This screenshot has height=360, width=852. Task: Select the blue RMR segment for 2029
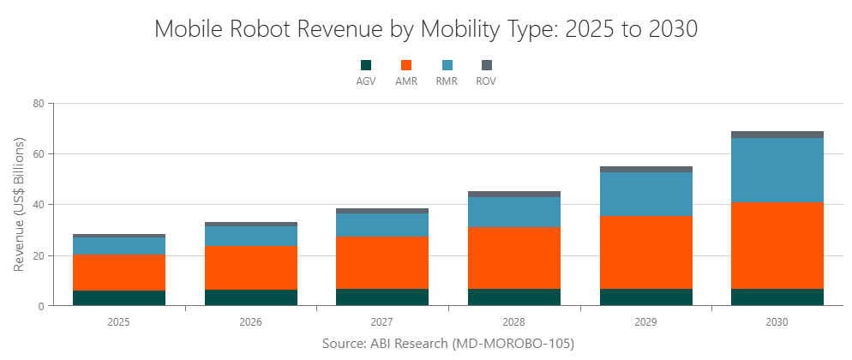(x=645, y=194)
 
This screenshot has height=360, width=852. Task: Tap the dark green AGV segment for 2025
(x=119, y=298)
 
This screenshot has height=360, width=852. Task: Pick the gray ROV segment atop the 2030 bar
(x=777, y=135)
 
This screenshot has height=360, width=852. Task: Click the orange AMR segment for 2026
(x=251, y=267)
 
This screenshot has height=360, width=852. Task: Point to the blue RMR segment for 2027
(x=382, y=225)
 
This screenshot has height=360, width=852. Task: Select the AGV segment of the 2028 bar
(x=514, y=297)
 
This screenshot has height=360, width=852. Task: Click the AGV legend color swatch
(x=366, y=65)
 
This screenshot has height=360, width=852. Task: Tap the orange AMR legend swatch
(x=406, y=65)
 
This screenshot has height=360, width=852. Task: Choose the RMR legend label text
(x=447, y=81)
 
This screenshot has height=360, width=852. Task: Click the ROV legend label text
(x=486, y=81)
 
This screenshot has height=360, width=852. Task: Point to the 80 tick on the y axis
(x=38, y=104)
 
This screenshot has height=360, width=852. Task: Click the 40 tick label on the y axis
(x=38, y=205)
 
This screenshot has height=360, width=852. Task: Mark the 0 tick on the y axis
(x=40, y=306)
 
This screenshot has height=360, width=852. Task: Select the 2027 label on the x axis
(x=382, y=322)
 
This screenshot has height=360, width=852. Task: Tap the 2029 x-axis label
(x=645, y=322)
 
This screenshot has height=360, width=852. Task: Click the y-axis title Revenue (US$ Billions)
(x=20, y=205)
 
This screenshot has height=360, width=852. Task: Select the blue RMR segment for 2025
(x=119, y=246)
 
